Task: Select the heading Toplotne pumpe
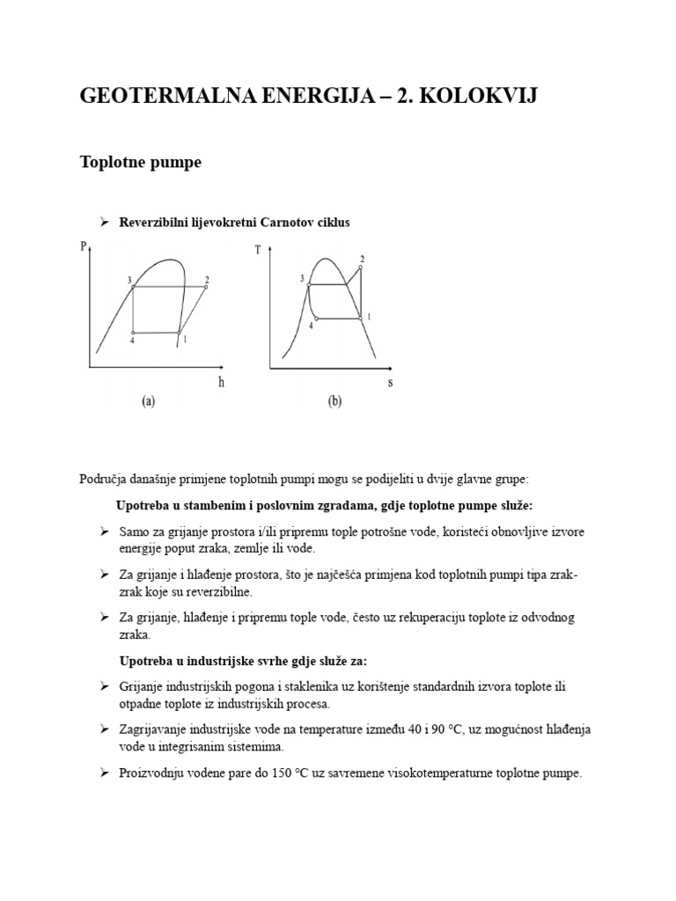click(140, 163)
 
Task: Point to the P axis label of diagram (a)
click(84, 247)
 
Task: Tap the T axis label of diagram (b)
click(258, 249)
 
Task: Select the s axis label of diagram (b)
click(390, 383)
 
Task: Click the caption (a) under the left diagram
click(149, 402)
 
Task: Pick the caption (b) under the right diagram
click(334, 402)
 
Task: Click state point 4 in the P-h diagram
click(133, 333)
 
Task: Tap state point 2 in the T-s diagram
click(362, 266)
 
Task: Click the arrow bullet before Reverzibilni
click(104, 223)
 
